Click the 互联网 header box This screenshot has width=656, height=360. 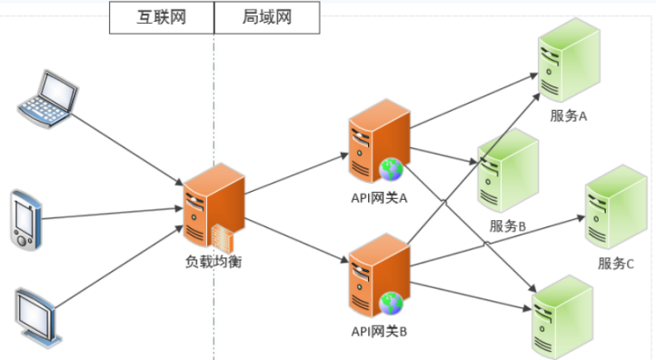(x=162, y=17)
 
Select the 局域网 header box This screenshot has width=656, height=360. (x=267, y=17)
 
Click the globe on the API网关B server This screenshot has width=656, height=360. (x=392, y=302)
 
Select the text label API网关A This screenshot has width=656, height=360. (x=379, y=198)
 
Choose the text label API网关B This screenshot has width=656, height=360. (x=379, y=332)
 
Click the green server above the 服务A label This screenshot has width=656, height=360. (x=563, y=64)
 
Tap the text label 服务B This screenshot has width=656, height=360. (x=508, y=226)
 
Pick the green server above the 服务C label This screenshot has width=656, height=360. (x=609, y=207)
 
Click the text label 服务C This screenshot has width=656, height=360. (x=615, y=264)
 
